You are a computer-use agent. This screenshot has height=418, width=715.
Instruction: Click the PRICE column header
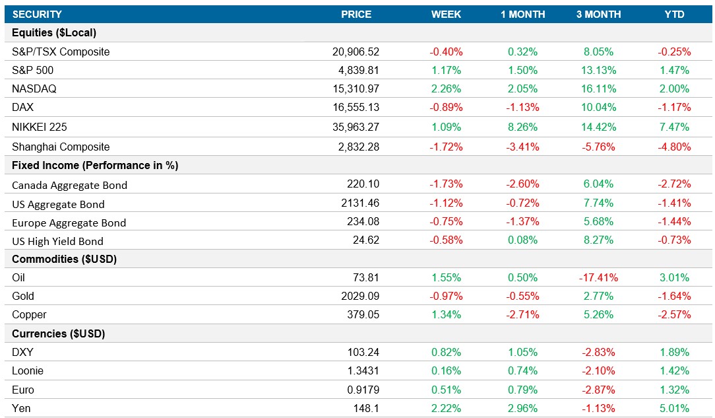click(356, 14)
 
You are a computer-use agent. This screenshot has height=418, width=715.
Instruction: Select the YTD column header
click(675, 14)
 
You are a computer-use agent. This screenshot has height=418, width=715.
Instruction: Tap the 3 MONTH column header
click(598, 14)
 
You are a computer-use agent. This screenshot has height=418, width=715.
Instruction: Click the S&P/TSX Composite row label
click(61, 52)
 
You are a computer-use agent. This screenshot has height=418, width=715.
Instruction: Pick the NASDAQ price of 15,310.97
click(356, 88)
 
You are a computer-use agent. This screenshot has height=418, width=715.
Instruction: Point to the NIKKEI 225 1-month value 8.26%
click(523, 127)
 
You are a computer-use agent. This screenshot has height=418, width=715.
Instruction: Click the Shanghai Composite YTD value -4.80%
click(675, 147)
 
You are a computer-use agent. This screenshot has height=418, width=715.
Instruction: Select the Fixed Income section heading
click(95, 165)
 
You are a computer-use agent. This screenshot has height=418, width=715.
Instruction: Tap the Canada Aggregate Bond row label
click(69, 185)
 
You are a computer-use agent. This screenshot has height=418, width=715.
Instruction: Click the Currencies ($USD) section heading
click(59, 333)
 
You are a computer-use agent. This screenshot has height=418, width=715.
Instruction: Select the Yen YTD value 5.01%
click(675, 408)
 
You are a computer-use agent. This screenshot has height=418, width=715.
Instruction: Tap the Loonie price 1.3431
click(363, 371)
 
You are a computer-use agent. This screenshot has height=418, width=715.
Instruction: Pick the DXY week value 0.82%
click(447, 352)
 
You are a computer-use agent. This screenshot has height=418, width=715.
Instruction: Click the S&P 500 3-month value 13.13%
click(598, 70)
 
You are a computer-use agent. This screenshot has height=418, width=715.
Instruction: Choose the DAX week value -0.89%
click(447, 107)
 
